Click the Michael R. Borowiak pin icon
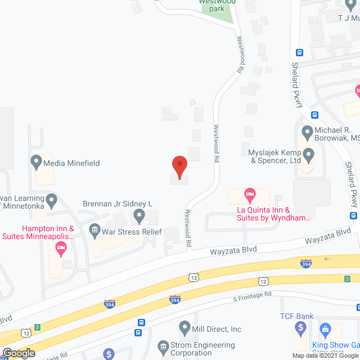tap(307, 133)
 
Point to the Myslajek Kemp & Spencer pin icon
tap(307, 154)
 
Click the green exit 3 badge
tap(348, 278)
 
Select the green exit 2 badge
tap(37, 327)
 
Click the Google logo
tap(19, 353)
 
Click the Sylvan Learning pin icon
tap(52, 200)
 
